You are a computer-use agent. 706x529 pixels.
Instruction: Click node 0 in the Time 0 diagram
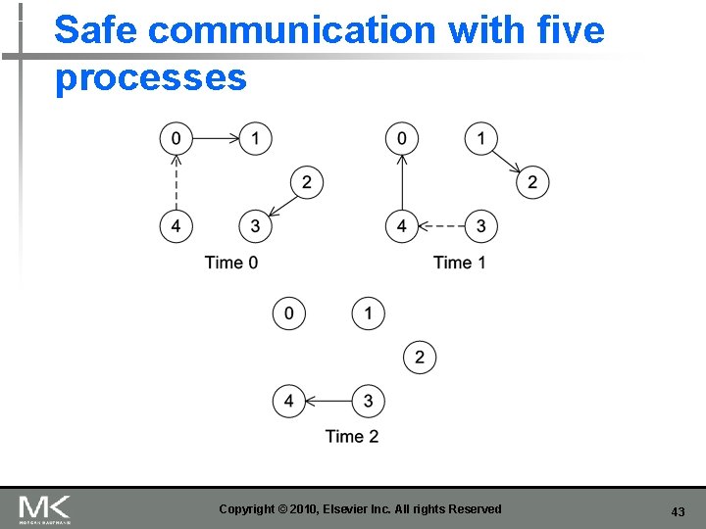click(x=176, y=138)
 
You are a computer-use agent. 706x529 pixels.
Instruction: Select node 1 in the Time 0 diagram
click(x=256, y=138)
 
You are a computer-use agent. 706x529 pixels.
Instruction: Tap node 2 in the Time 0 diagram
click(x=307, y=181)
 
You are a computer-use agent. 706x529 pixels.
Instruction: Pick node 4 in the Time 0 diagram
click(x=176, y=226)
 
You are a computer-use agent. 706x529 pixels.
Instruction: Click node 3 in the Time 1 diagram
click(x=480, y=226)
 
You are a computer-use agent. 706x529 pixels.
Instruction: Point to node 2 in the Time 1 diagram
click(x=532, y=181)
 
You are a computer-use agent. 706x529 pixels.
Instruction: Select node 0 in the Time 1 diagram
click(x=402, y=138)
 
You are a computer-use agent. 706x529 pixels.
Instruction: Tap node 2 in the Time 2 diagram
click(x=420, y=358)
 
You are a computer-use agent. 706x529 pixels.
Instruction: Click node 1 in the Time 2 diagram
click(x=369, y=313)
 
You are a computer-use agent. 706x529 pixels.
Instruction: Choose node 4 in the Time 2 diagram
click(x=289, y=401)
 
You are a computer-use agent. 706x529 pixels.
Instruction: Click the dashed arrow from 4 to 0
click(x=176, y=182)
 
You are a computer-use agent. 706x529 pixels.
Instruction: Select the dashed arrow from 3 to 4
click(x=441, y=226)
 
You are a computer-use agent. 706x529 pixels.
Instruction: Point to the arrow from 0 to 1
click(x=216, y=138)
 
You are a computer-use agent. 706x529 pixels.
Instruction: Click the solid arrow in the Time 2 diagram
click(x=328, y=401)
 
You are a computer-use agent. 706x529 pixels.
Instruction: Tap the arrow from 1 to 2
click(x=507, y=160)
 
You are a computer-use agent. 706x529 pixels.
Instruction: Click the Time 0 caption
click(x=231, y=262)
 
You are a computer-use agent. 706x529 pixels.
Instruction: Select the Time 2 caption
click(x=352, y=436)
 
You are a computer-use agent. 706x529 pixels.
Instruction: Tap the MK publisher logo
click(x=45, y=508)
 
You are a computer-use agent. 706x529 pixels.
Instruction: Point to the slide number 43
click(x=678, y=511)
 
